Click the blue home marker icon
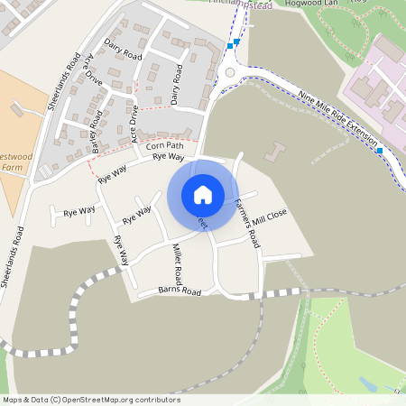[x=203, y=194]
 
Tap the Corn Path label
[x=163, y=144]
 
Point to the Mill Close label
[x=270, y=217]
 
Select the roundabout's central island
[x=229, y=73]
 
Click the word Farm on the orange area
[x=11, y=167]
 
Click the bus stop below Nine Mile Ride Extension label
[x=380, y=150]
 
